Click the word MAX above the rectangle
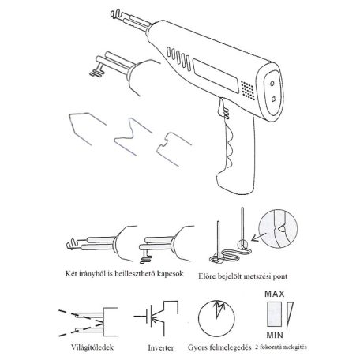click(275, 294)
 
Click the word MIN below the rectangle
click(275, 335)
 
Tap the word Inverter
click(161, 347)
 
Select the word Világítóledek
click(92, 347)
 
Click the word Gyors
click(197, 347)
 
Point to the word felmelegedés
click(230, 347)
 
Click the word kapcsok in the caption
click(170, 274)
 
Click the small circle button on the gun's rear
click(272, 84)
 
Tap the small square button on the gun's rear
click(274, 99)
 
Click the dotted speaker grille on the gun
click(248, 90)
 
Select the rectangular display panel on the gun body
click(216, 76)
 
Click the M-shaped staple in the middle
click(133, 136)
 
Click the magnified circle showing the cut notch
click(278, 228)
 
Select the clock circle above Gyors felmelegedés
click(216, 318)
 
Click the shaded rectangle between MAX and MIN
click(274, 314)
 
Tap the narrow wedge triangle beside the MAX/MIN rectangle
click(290, 315)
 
